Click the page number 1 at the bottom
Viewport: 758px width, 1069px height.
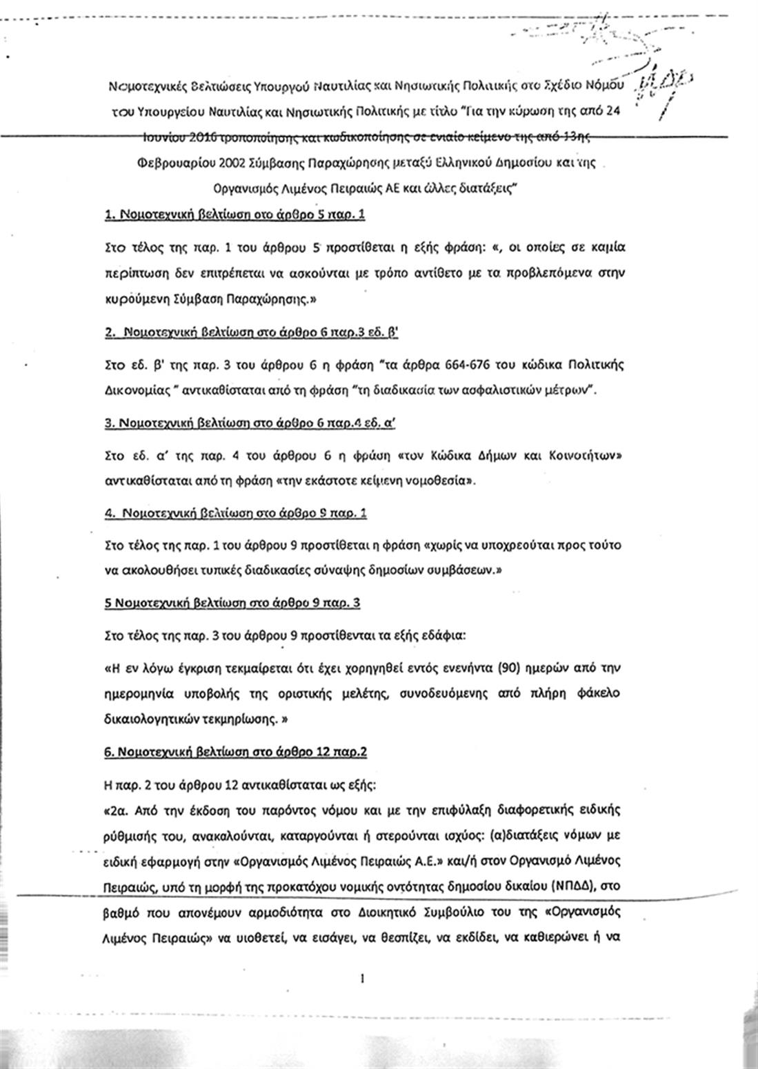[x=361, y=977]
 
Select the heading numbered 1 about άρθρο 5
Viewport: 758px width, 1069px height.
[x=235, y=214]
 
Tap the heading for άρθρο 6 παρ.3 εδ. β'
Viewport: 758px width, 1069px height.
[x=252, y=332]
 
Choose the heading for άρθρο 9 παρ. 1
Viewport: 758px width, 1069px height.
[x=237, y=513]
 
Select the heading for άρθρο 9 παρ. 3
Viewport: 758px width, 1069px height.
[x=232, y=603]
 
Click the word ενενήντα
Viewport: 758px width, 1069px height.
[x=412, y=668]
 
